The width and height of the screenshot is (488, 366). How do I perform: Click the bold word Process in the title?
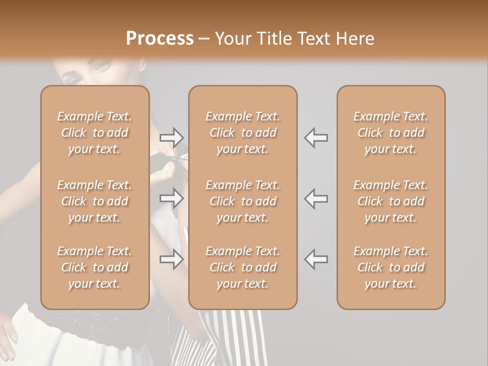[x=160, y=39]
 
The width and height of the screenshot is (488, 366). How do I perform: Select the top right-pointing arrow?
[x=172, y=137]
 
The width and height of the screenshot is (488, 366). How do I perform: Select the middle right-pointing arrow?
[x=172, y=198]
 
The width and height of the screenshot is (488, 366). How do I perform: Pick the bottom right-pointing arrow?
[x=172, y=259]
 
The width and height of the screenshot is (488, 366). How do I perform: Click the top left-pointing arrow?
[x=316, y=137]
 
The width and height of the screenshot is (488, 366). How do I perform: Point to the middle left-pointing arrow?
[x=316, y=198]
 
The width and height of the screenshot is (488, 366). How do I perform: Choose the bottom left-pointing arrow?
[x=316, y=259]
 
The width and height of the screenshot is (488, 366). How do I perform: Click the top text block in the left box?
[x=95, y=133]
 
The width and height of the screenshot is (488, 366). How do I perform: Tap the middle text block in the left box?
[x=95, y=201]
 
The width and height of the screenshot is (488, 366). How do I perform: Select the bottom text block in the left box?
[x=95, y=267]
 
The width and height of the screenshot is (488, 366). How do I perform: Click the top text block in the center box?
[x=243, y=133]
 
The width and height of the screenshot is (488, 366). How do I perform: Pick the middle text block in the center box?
[x=243, y=201]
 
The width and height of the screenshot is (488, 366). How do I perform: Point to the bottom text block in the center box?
[x=243, y=267]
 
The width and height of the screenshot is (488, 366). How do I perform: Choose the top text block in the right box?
[x=391, y=133]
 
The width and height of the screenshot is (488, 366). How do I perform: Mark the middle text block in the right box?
[x=391, y=201]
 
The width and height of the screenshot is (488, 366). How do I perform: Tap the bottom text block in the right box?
[x=391, y=267]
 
